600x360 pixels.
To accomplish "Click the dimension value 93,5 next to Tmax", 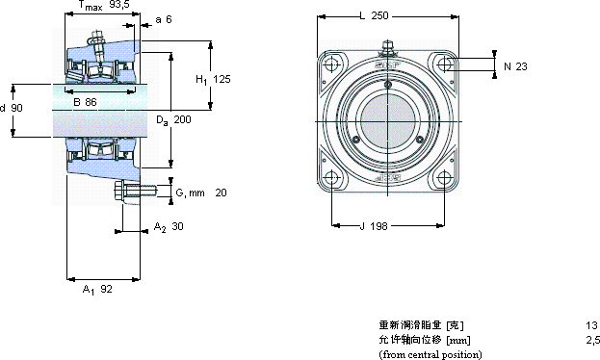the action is pyautogui.click(x=119, y=5).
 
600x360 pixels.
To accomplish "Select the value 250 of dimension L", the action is pyautogui.click(x=379, y=15).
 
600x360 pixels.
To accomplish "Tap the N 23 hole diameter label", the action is pyautogui.click(x=515, y=66).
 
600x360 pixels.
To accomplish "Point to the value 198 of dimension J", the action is pyautogui.click(x=378, y=226).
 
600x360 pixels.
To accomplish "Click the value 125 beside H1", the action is pyautogui.click(x=222, y=79).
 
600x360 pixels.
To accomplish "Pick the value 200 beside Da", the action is pyautogui.click(x=183, y=119).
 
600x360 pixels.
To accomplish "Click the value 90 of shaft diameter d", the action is pyautogui.click(x=16, y=108).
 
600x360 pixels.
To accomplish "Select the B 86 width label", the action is pyautogui.click(x=85, y=102).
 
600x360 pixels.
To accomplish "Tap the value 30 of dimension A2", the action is pyautogui.click(x=177, y=226).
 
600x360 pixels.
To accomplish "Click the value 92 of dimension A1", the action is pyautogui.click(x=106, y=289).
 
